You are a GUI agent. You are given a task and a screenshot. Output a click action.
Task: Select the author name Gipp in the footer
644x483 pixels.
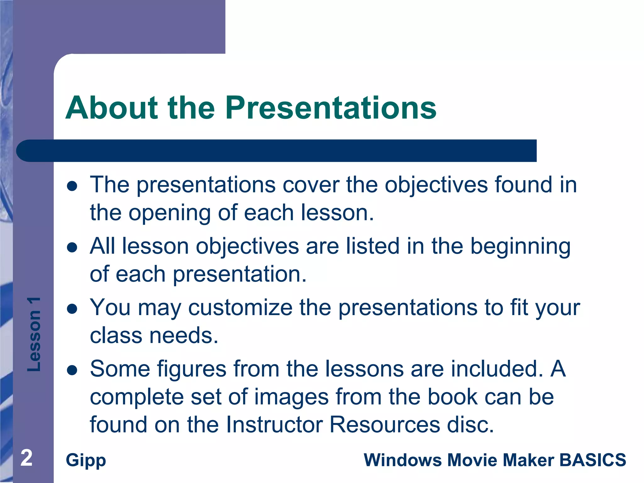coord(86,460)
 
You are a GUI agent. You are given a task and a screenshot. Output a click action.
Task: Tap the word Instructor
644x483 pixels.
coord(275,425)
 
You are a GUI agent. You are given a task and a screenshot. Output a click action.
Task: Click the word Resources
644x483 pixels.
coord(385,425)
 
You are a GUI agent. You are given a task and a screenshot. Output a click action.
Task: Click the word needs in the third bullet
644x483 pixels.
coord(183,336)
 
